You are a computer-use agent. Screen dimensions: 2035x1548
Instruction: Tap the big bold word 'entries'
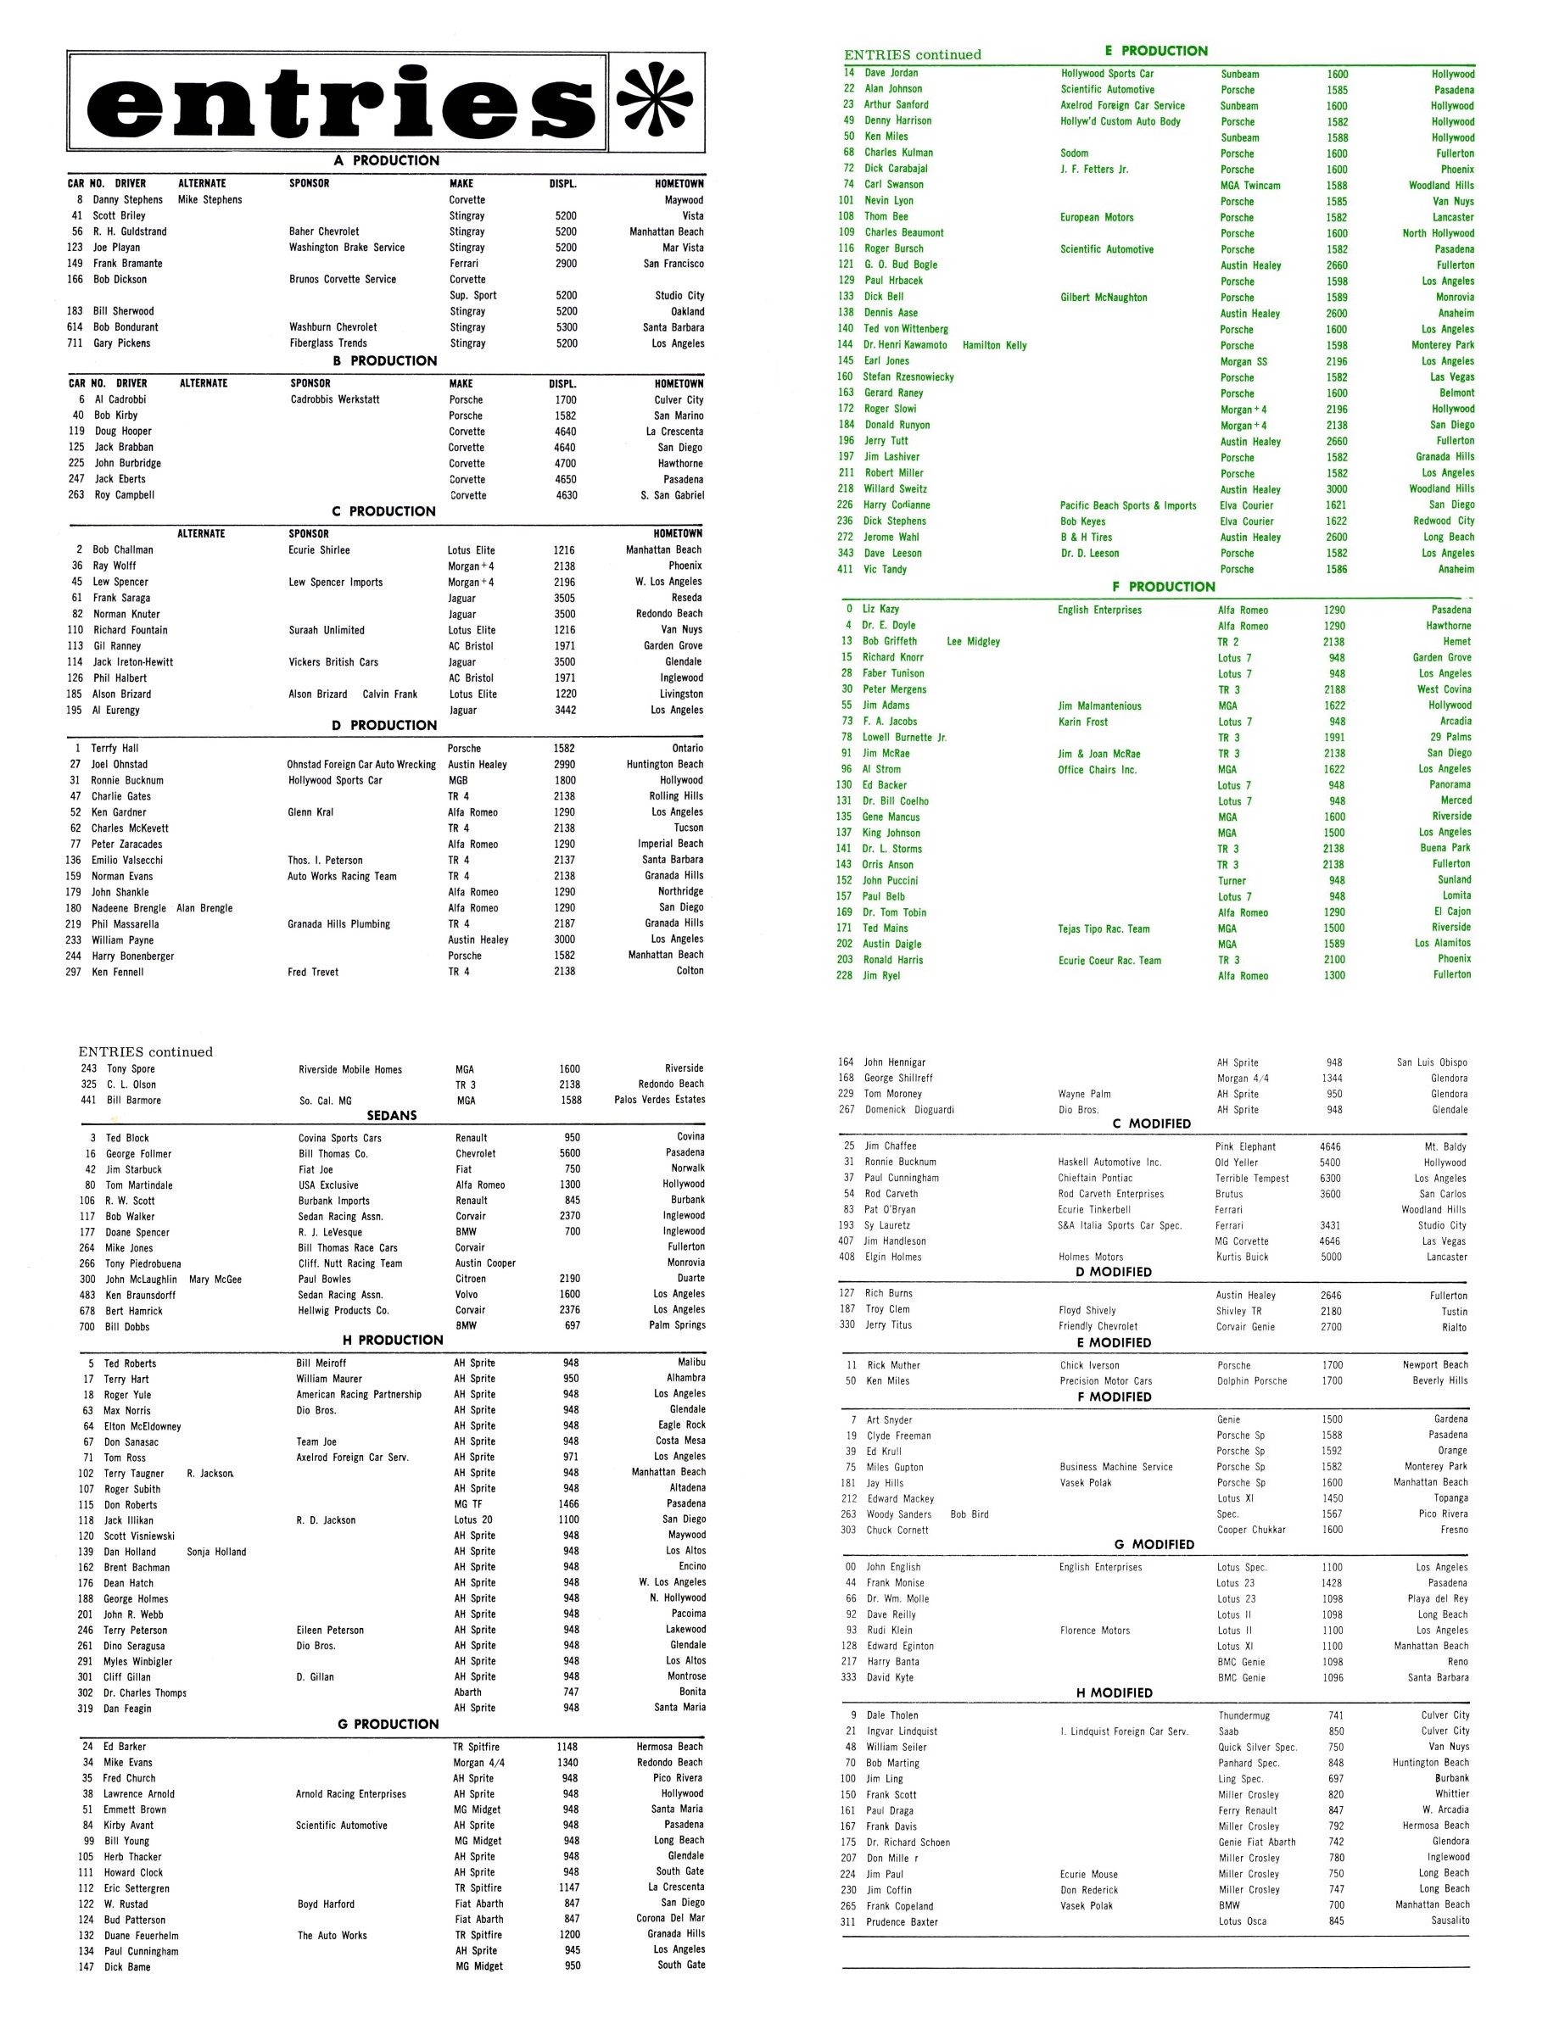[x=338, y=104]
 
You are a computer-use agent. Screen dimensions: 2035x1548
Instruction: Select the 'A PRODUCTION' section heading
[x=386, y=160]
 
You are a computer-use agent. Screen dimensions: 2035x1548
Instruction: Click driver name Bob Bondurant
[x=126, y=327]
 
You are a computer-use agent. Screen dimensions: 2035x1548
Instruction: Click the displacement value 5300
[x=566, y=327]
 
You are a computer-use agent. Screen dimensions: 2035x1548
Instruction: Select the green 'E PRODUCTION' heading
[x=1155, y=51]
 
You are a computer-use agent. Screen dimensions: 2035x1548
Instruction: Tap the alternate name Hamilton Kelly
[x=994, y=345]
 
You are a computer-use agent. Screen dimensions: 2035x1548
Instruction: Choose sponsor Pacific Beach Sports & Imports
[x=1128, y=505]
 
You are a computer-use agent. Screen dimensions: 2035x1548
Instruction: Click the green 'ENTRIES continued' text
[x=912, y=54]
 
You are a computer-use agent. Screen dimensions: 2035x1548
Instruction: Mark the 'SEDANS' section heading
[x=392, y=1116]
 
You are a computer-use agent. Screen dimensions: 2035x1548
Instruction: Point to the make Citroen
[x=470, y=1279]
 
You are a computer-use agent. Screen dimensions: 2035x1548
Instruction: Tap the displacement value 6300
[x=1331, y=1179]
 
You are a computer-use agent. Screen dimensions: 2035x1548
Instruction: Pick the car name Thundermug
[x=1244, y=1715]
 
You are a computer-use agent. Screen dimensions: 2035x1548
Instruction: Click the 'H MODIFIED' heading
[x=1114, y=1692]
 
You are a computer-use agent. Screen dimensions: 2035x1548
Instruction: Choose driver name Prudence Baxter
[x=902, y=1921]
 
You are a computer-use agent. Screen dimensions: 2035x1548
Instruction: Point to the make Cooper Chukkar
[x=1250, y=1530]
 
